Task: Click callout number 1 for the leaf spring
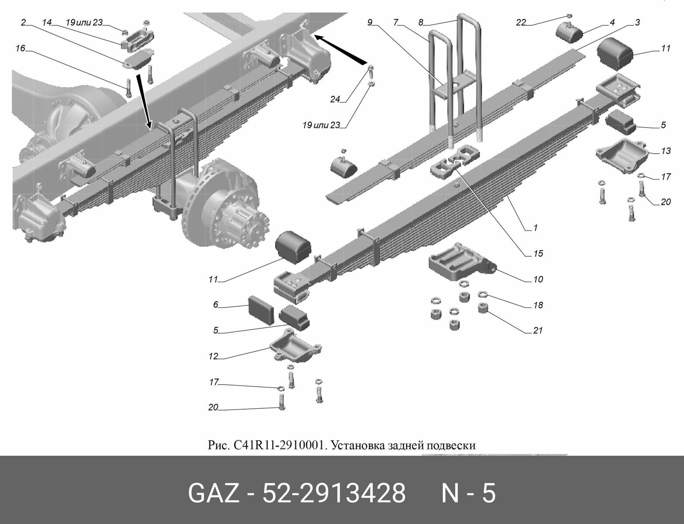point(535,228)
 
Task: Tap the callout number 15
point(538,253)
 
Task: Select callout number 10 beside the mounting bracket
point(538,279)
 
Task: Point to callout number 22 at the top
point(521,23)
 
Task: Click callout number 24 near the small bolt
point(335,100)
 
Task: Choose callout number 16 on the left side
point(21,48)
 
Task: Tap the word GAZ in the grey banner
point(213,494)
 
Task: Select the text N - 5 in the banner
point(468,494)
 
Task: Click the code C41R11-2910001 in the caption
point(280,445)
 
